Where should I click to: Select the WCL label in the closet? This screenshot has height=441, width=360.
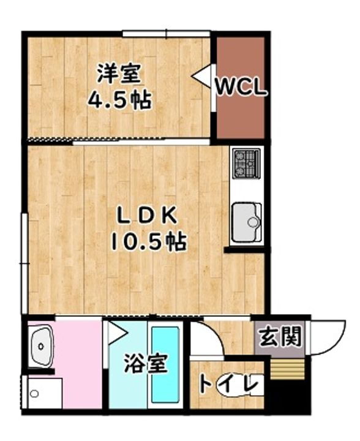(x=241, y=87)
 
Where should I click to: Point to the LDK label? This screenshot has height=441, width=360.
(x=148, y=216)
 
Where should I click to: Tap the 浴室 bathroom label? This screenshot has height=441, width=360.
(x=146, y=364)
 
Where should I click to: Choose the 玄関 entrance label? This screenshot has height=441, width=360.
(x=280, y=337)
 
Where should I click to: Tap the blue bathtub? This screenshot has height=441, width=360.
(x=165, y=363)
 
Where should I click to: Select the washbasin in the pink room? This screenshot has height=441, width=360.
(x=42, y=347)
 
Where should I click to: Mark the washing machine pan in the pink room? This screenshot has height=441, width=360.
(x=45, y=393)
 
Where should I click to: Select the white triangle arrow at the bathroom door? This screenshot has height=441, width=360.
(x=116, y=333)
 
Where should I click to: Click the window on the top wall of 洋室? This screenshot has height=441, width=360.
(x=166, y=32)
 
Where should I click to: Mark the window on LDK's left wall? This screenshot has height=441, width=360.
(x=23, y=263)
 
